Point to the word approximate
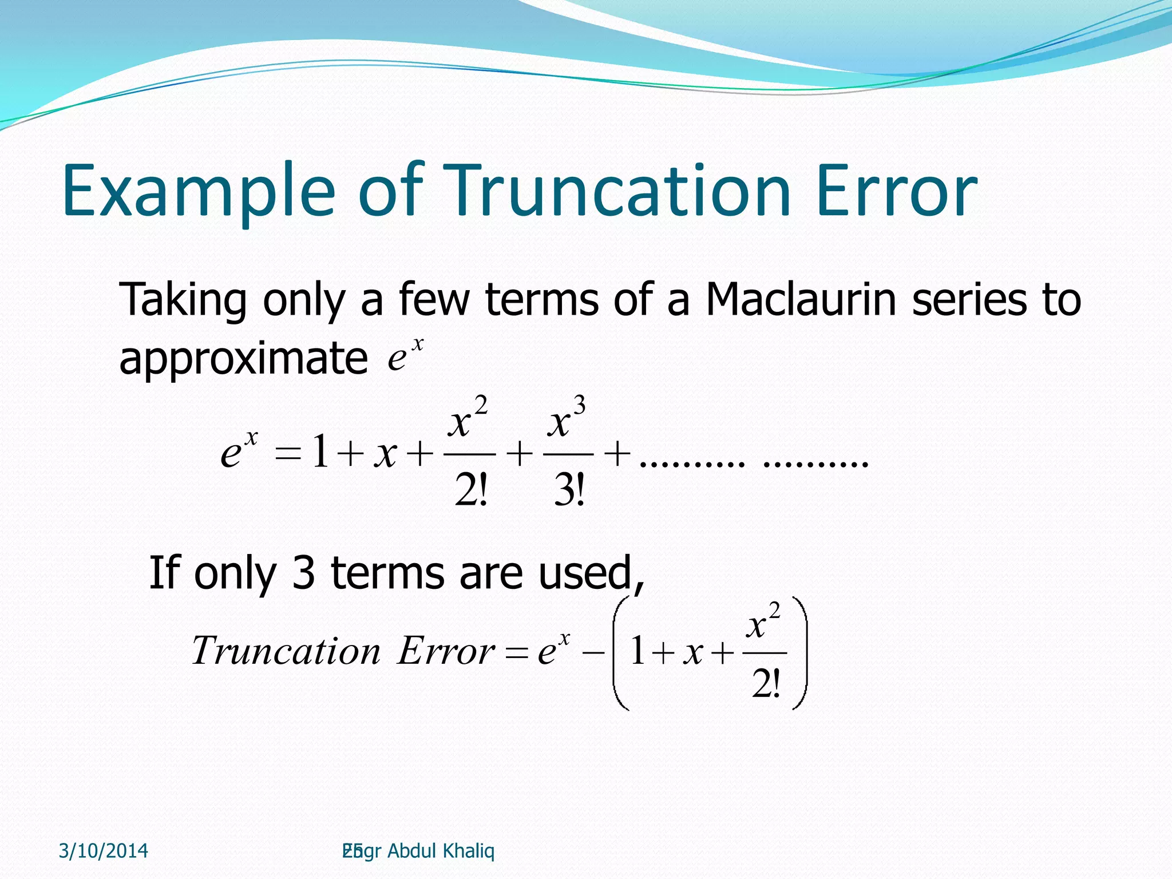[243, 358]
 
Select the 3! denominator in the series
[569, 491]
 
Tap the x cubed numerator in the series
[566, 418]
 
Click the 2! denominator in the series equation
[470, 491]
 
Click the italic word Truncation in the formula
[286, 651]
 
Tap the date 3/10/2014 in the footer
[104, 851]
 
